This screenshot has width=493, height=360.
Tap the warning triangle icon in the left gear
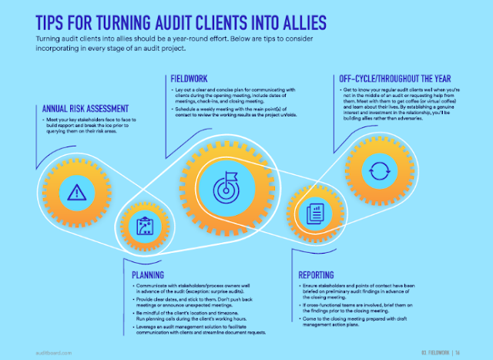coord(75,192)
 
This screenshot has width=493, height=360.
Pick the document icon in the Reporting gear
coord(314,210)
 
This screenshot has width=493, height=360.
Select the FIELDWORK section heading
coord(192,79)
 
